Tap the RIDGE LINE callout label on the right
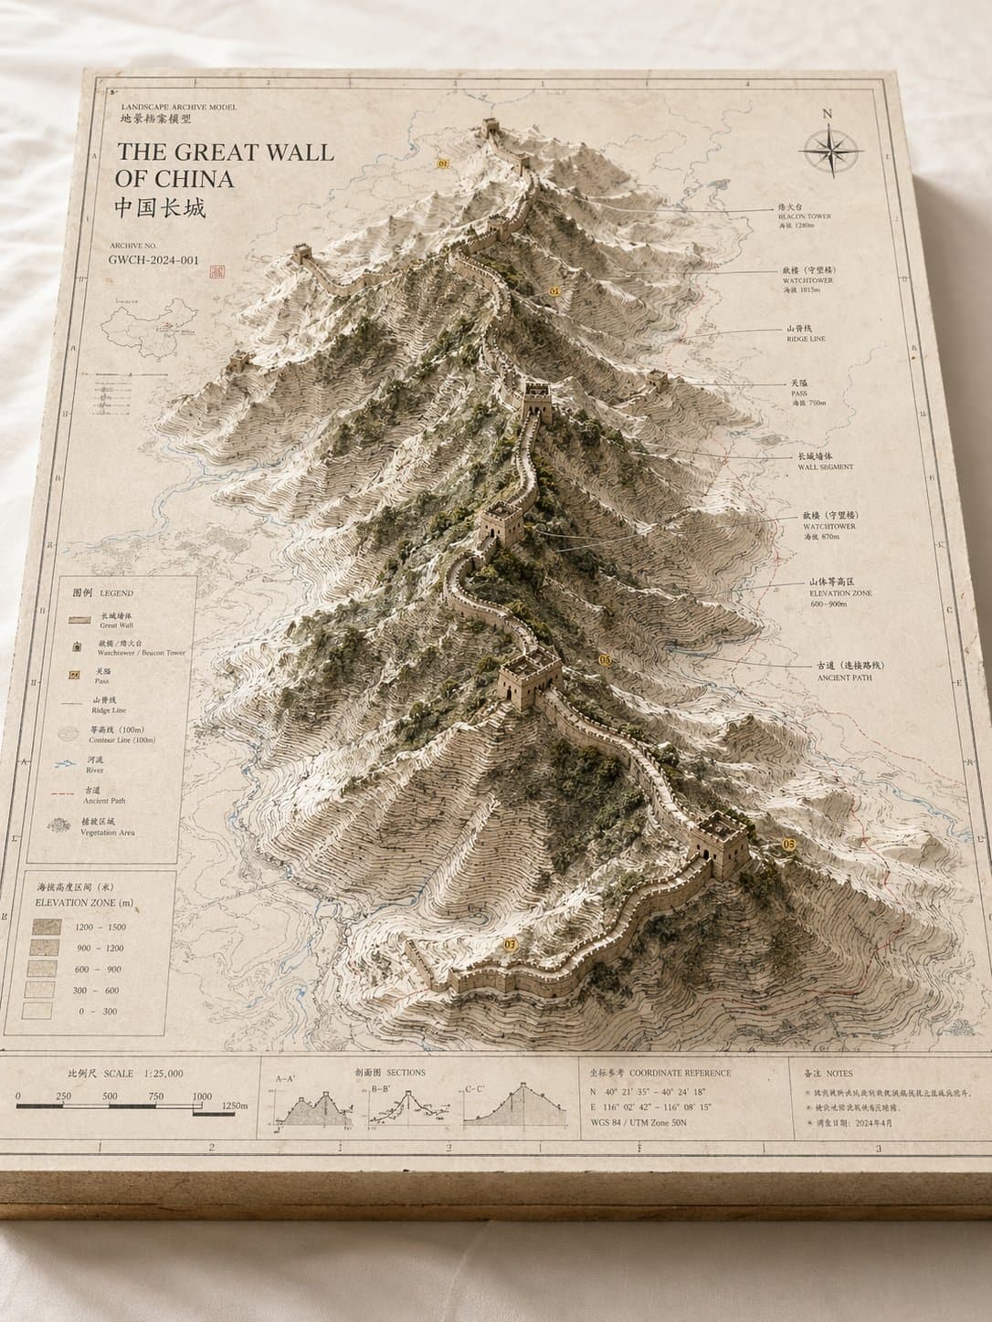pyautogui.click(x=805, y=339)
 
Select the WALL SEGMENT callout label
pyautogui.click(x=825, y=467)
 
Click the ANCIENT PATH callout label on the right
pyautogui.click(x=845, y=677)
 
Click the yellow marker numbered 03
pyautogui.click(x=510, y=943)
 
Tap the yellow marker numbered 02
pyautogui.click(x=444, y=163)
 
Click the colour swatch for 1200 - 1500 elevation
pyautogui.click(x=46, y=927)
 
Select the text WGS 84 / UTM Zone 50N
pyautogui.click(x=642, y=1122)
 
